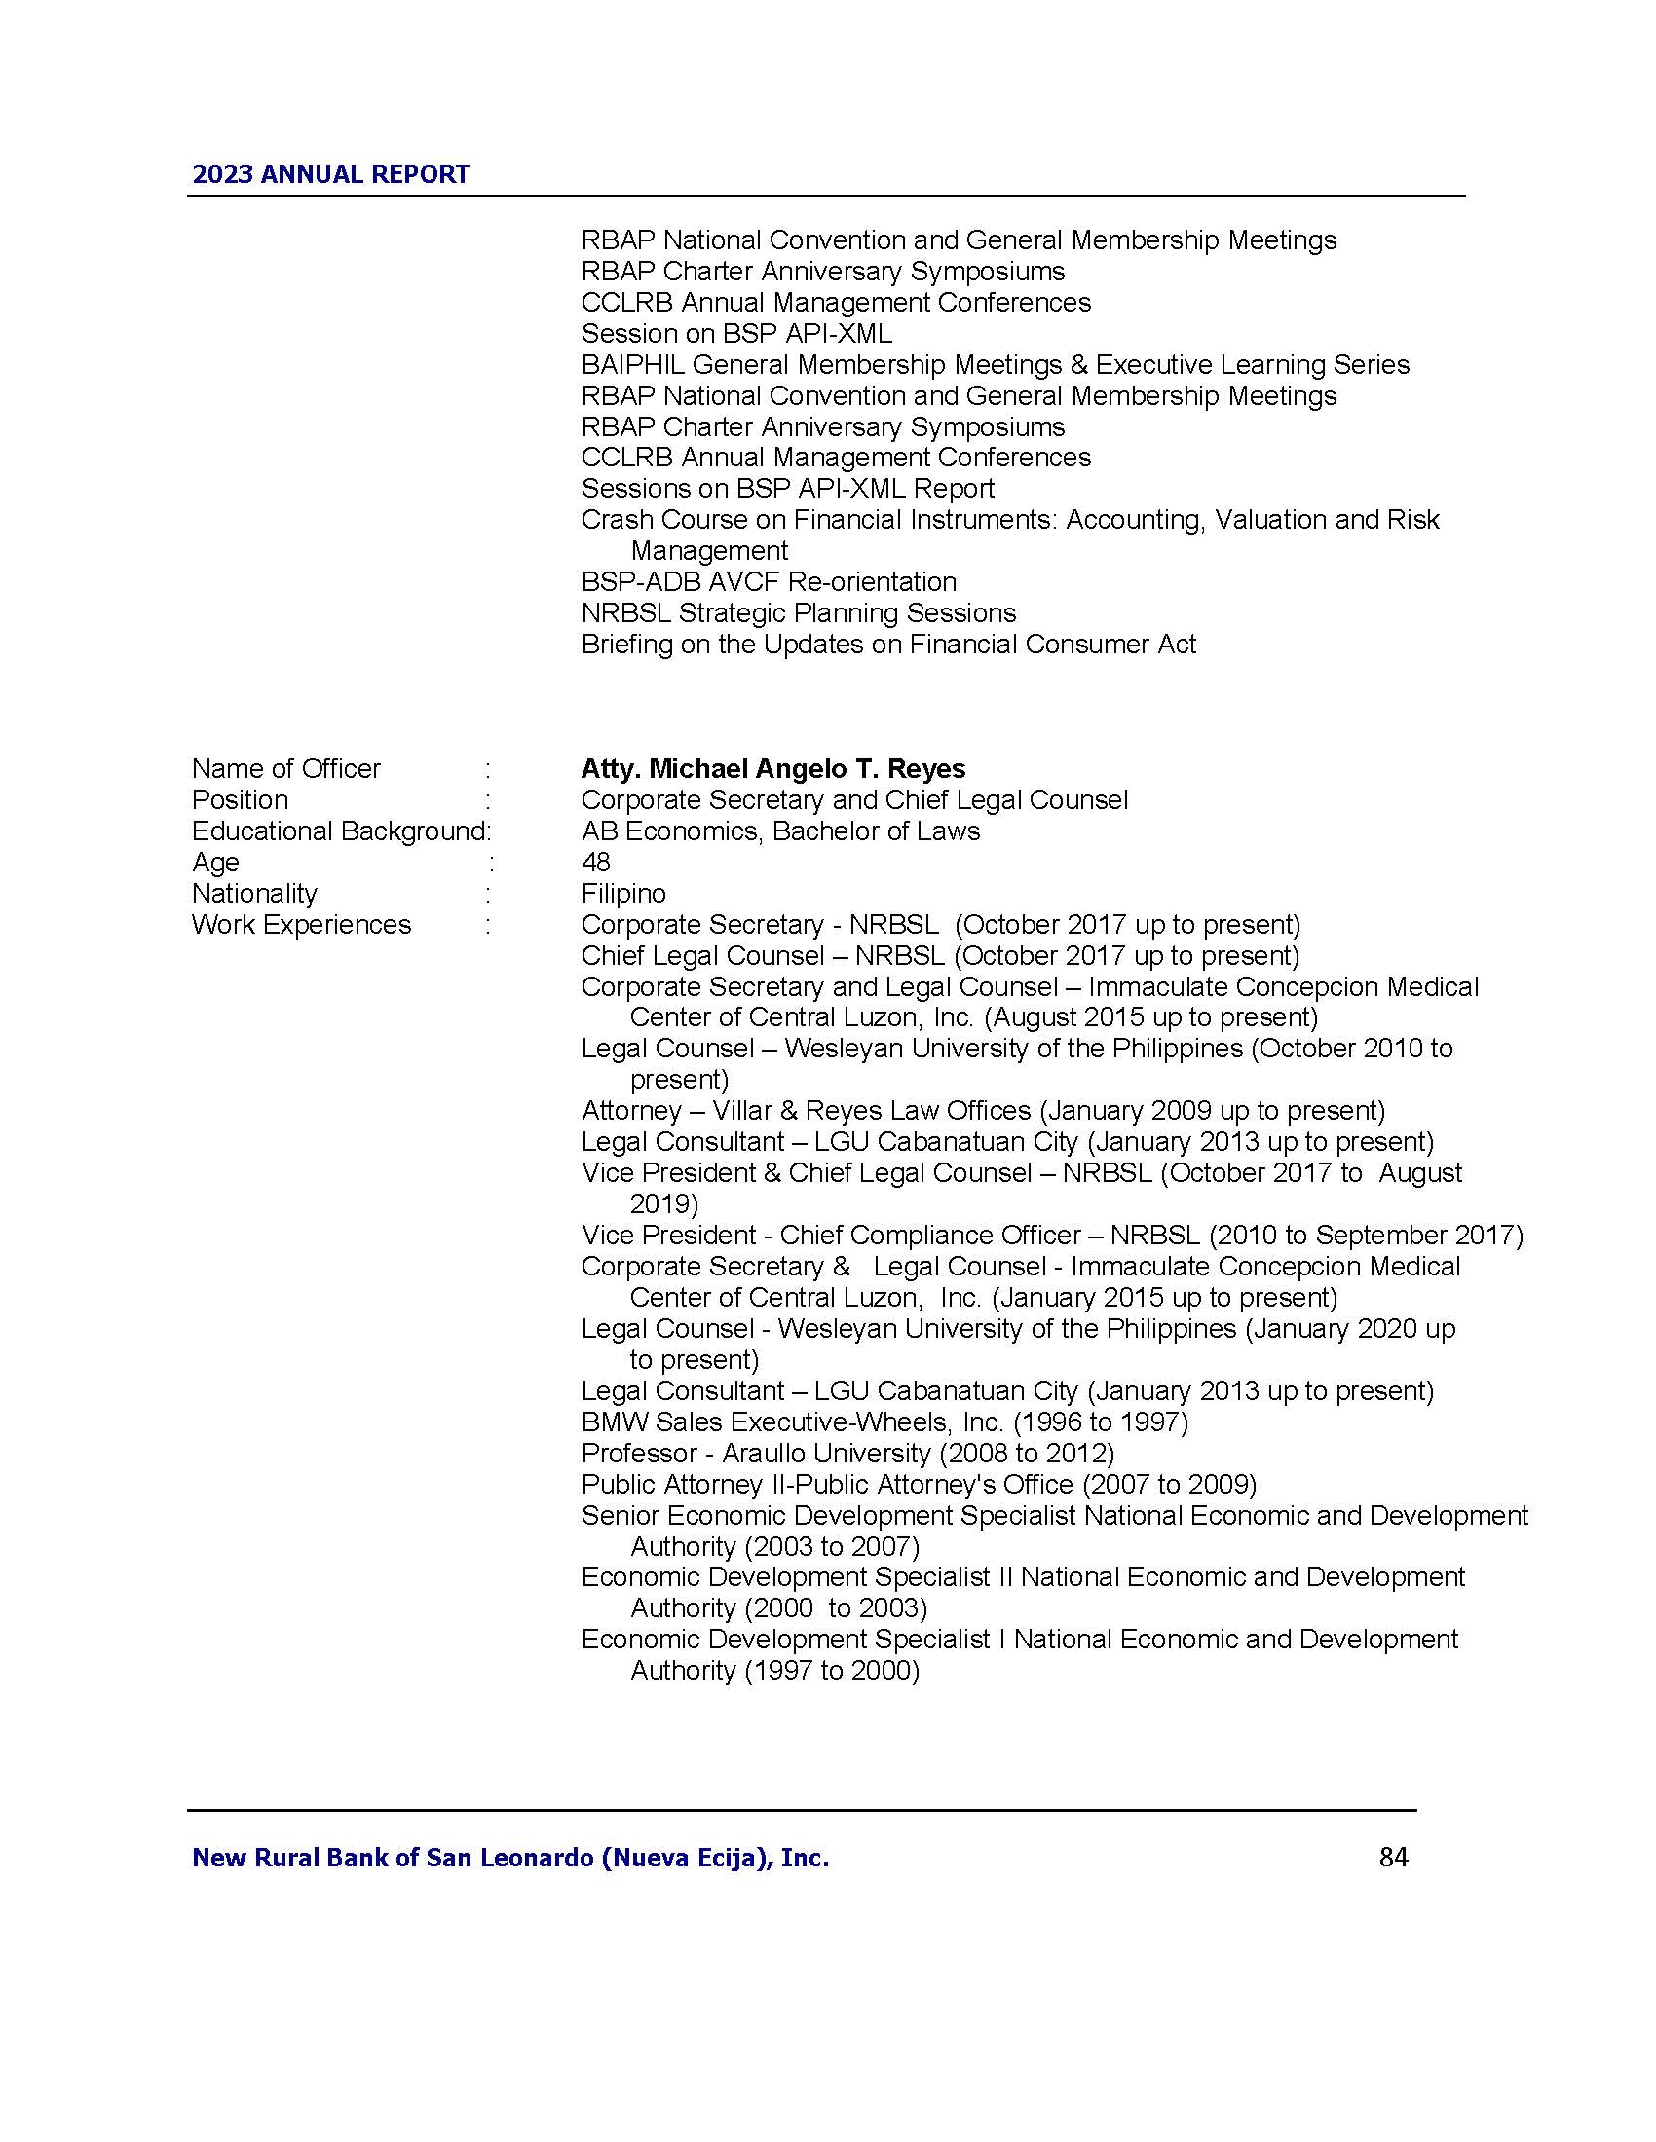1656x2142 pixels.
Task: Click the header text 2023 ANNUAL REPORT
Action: (x=330, y=174)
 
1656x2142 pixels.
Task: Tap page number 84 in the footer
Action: (x=1393, y=1858)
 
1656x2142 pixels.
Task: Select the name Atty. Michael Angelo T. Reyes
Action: (x=773, y=769)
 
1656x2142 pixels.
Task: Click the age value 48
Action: (x=595, y=862)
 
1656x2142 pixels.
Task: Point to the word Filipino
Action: (x=623, y=894)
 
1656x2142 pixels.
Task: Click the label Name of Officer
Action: (x=285, y=769)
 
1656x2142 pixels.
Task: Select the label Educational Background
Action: (x=338, y=831)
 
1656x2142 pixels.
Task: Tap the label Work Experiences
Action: (x=301, y=925)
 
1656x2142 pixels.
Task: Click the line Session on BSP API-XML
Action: (x=735, y=333)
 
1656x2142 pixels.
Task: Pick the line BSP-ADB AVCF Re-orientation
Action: (x=769, y=581)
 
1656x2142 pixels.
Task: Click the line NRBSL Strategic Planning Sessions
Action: (x=799, y=613)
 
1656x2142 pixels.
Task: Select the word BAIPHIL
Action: (x=633, y=365)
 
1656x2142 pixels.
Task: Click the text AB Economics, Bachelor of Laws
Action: (x=780, y=831)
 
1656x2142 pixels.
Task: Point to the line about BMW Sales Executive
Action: (x=884, y=1422)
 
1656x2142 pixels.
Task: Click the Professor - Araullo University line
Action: (x=847, y=1453)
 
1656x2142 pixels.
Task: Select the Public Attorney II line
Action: (x=919, y=1484)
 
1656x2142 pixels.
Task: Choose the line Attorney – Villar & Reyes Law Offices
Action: (x=983, y=1111)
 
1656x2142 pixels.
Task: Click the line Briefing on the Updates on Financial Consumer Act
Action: (x=887, y=645)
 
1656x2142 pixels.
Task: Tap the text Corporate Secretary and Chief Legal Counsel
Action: (x=854, y=800)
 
